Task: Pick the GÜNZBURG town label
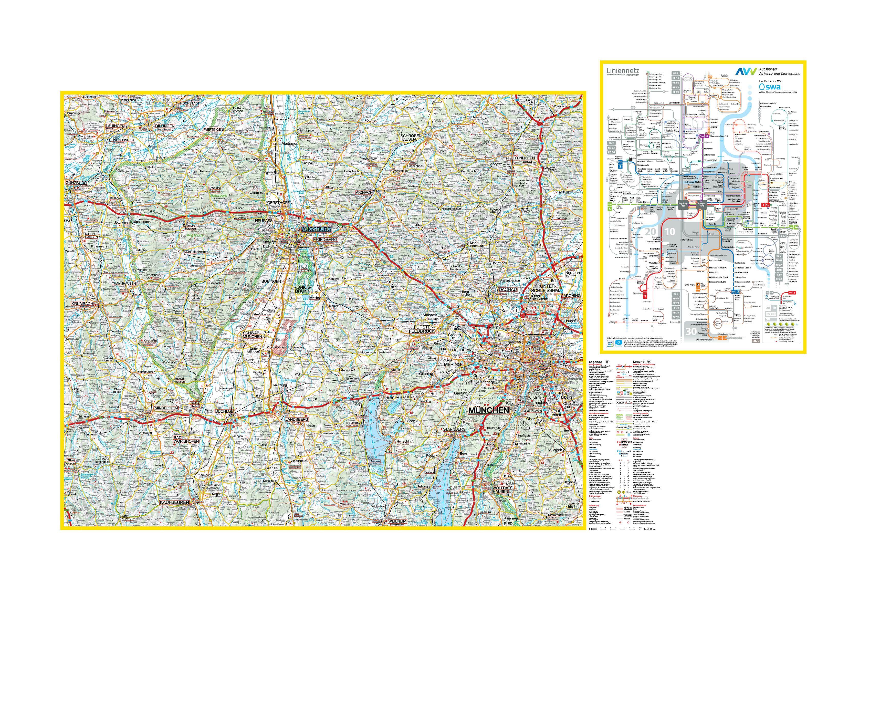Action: click(x=76, y=183)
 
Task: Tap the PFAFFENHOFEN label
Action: click(x=520, y=158)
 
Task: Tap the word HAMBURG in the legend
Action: click(x=626, y=506)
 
